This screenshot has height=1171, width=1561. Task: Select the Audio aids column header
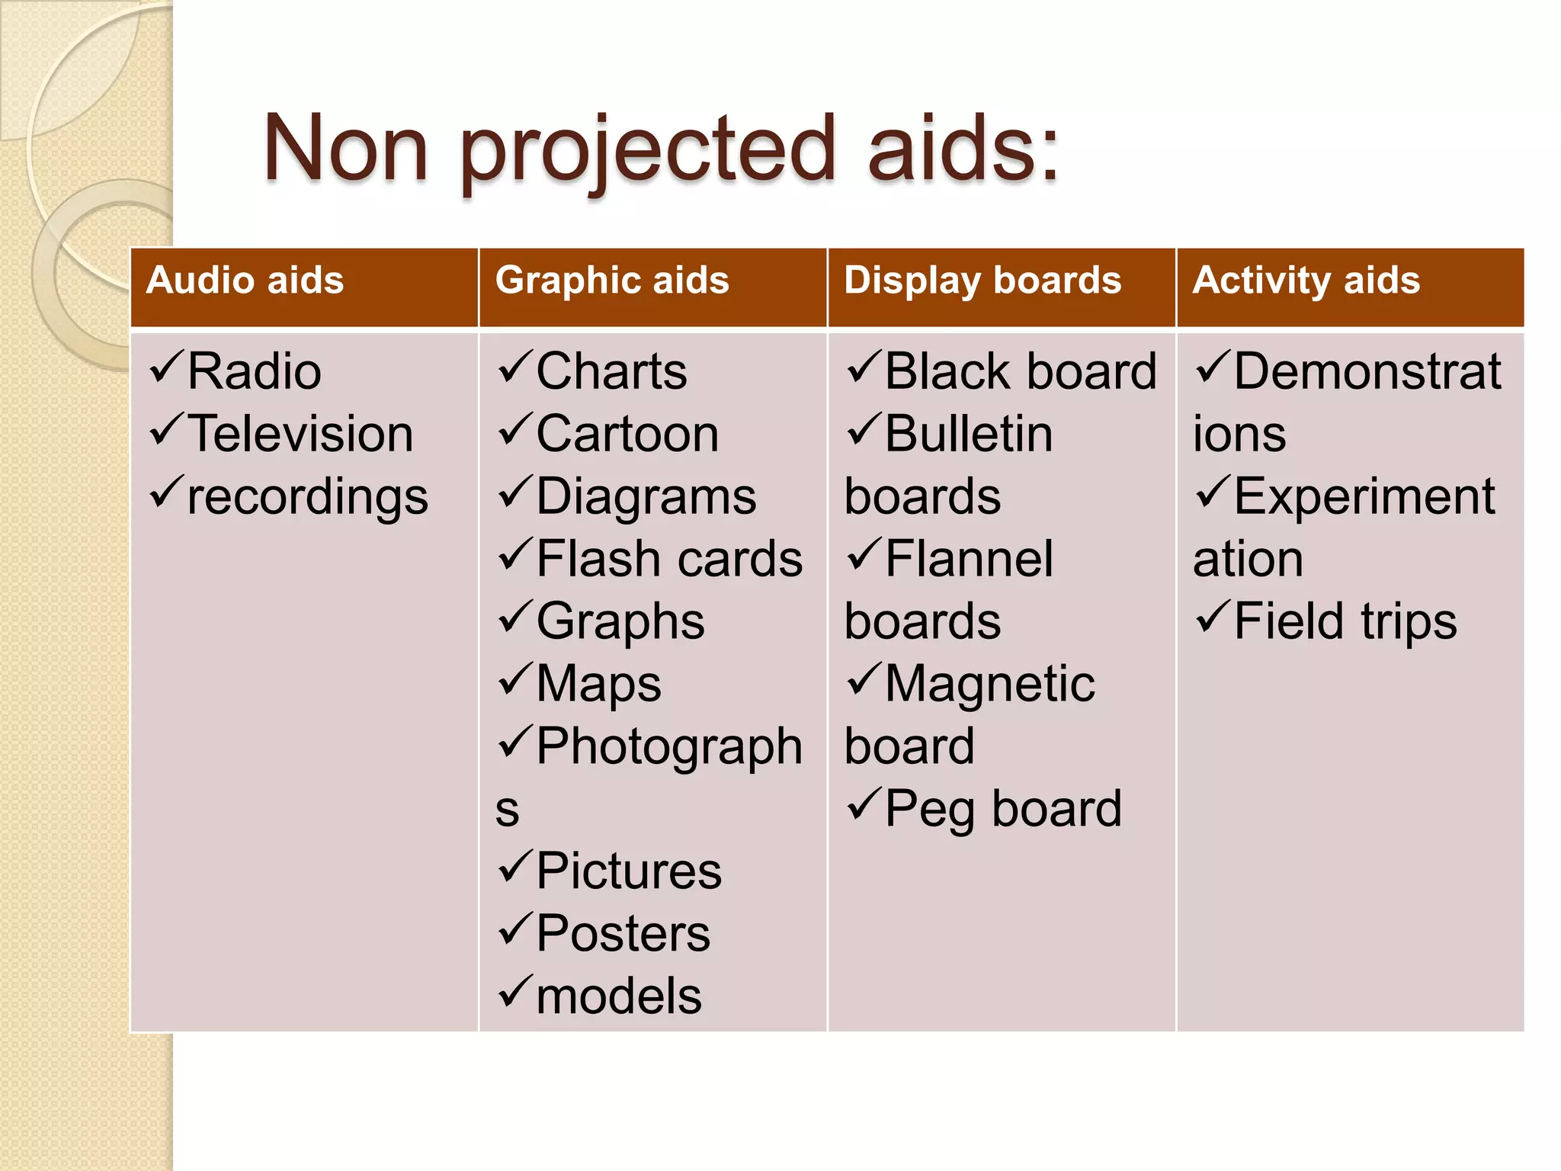(x=245, y=280)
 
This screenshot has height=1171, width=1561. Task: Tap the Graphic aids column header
(x=612, y=280)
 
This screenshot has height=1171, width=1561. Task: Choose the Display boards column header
(x=982, y=280)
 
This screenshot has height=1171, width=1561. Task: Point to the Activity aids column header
(x=1306, y=280)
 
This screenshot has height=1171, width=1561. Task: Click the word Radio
(x=254, y=372)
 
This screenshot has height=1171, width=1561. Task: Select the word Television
(x=300, y=435)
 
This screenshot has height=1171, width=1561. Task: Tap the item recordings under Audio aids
(x=307, y=497)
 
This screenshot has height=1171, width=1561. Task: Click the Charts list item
(x=611, y=372)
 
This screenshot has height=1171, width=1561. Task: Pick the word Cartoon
(x=627, y=435)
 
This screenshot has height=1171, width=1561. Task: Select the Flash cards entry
(x=669, y=559)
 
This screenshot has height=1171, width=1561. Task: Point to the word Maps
(x=598, y=684)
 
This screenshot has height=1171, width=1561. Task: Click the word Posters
(x=623, y=934)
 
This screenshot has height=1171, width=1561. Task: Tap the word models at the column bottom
(x=618, y=996)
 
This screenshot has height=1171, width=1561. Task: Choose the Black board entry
(x=1021, y=372)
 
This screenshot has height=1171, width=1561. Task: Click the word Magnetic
(x=990, y=684)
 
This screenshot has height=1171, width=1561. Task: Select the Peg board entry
(x=1003, y=809)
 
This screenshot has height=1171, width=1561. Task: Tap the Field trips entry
(x=1345, y=621)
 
